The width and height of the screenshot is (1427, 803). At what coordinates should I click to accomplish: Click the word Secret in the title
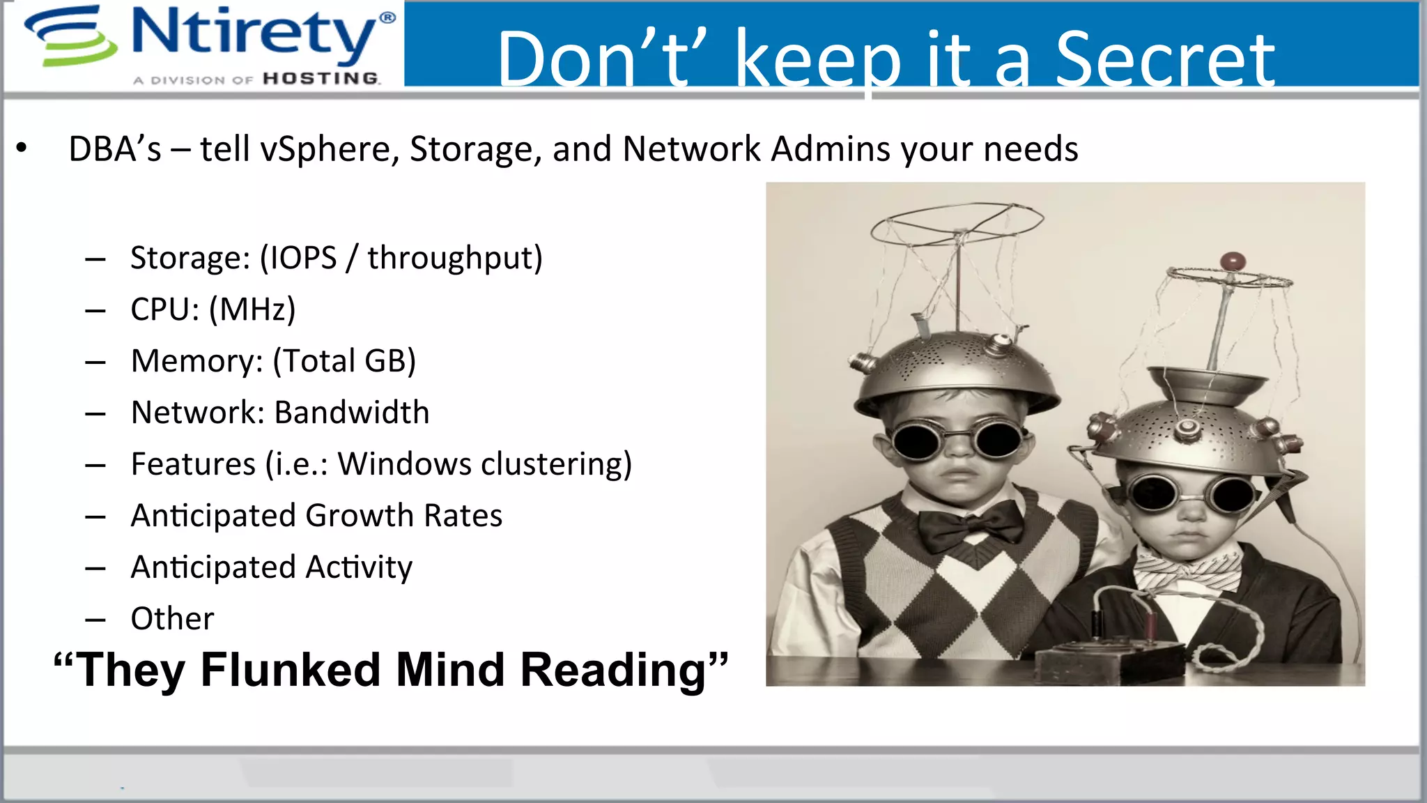point(1164,61)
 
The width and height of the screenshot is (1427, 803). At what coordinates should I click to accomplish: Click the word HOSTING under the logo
point(321,79)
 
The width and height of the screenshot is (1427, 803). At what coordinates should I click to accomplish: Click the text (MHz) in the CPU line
point(252,309)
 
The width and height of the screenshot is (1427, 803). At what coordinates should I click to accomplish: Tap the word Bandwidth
point(352,413)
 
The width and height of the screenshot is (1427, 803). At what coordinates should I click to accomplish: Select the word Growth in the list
point(360,516)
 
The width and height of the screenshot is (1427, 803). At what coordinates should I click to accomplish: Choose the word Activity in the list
point(359,567)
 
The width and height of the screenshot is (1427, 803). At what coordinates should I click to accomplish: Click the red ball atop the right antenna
point(1233,262)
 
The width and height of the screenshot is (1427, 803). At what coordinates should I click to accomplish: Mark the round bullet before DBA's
point(22,148)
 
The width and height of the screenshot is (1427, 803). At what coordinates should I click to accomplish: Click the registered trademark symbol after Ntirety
point(387,17)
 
